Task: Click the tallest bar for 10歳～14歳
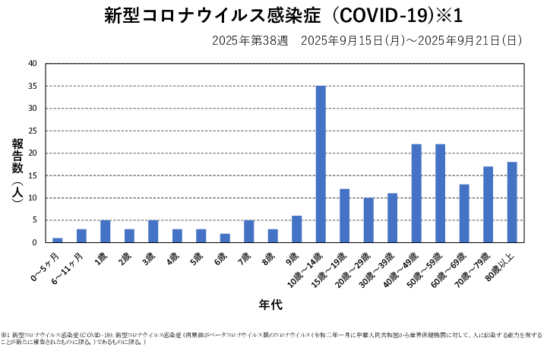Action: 321,164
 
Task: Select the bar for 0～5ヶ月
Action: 58,240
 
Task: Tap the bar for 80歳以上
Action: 512,202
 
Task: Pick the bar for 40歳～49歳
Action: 416,193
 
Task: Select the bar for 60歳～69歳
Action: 464,213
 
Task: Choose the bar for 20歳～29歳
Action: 368,220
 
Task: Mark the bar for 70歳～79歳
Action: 489,204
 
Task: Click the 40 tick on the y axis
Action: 31,64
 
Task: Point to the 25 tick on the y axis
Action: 31,131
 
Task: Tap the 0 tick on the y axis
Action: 34,242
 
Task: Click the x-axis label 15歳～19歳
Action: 335,266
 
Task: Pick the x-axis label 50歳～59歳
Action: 431,266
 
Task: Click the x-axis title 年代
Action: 270,305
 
